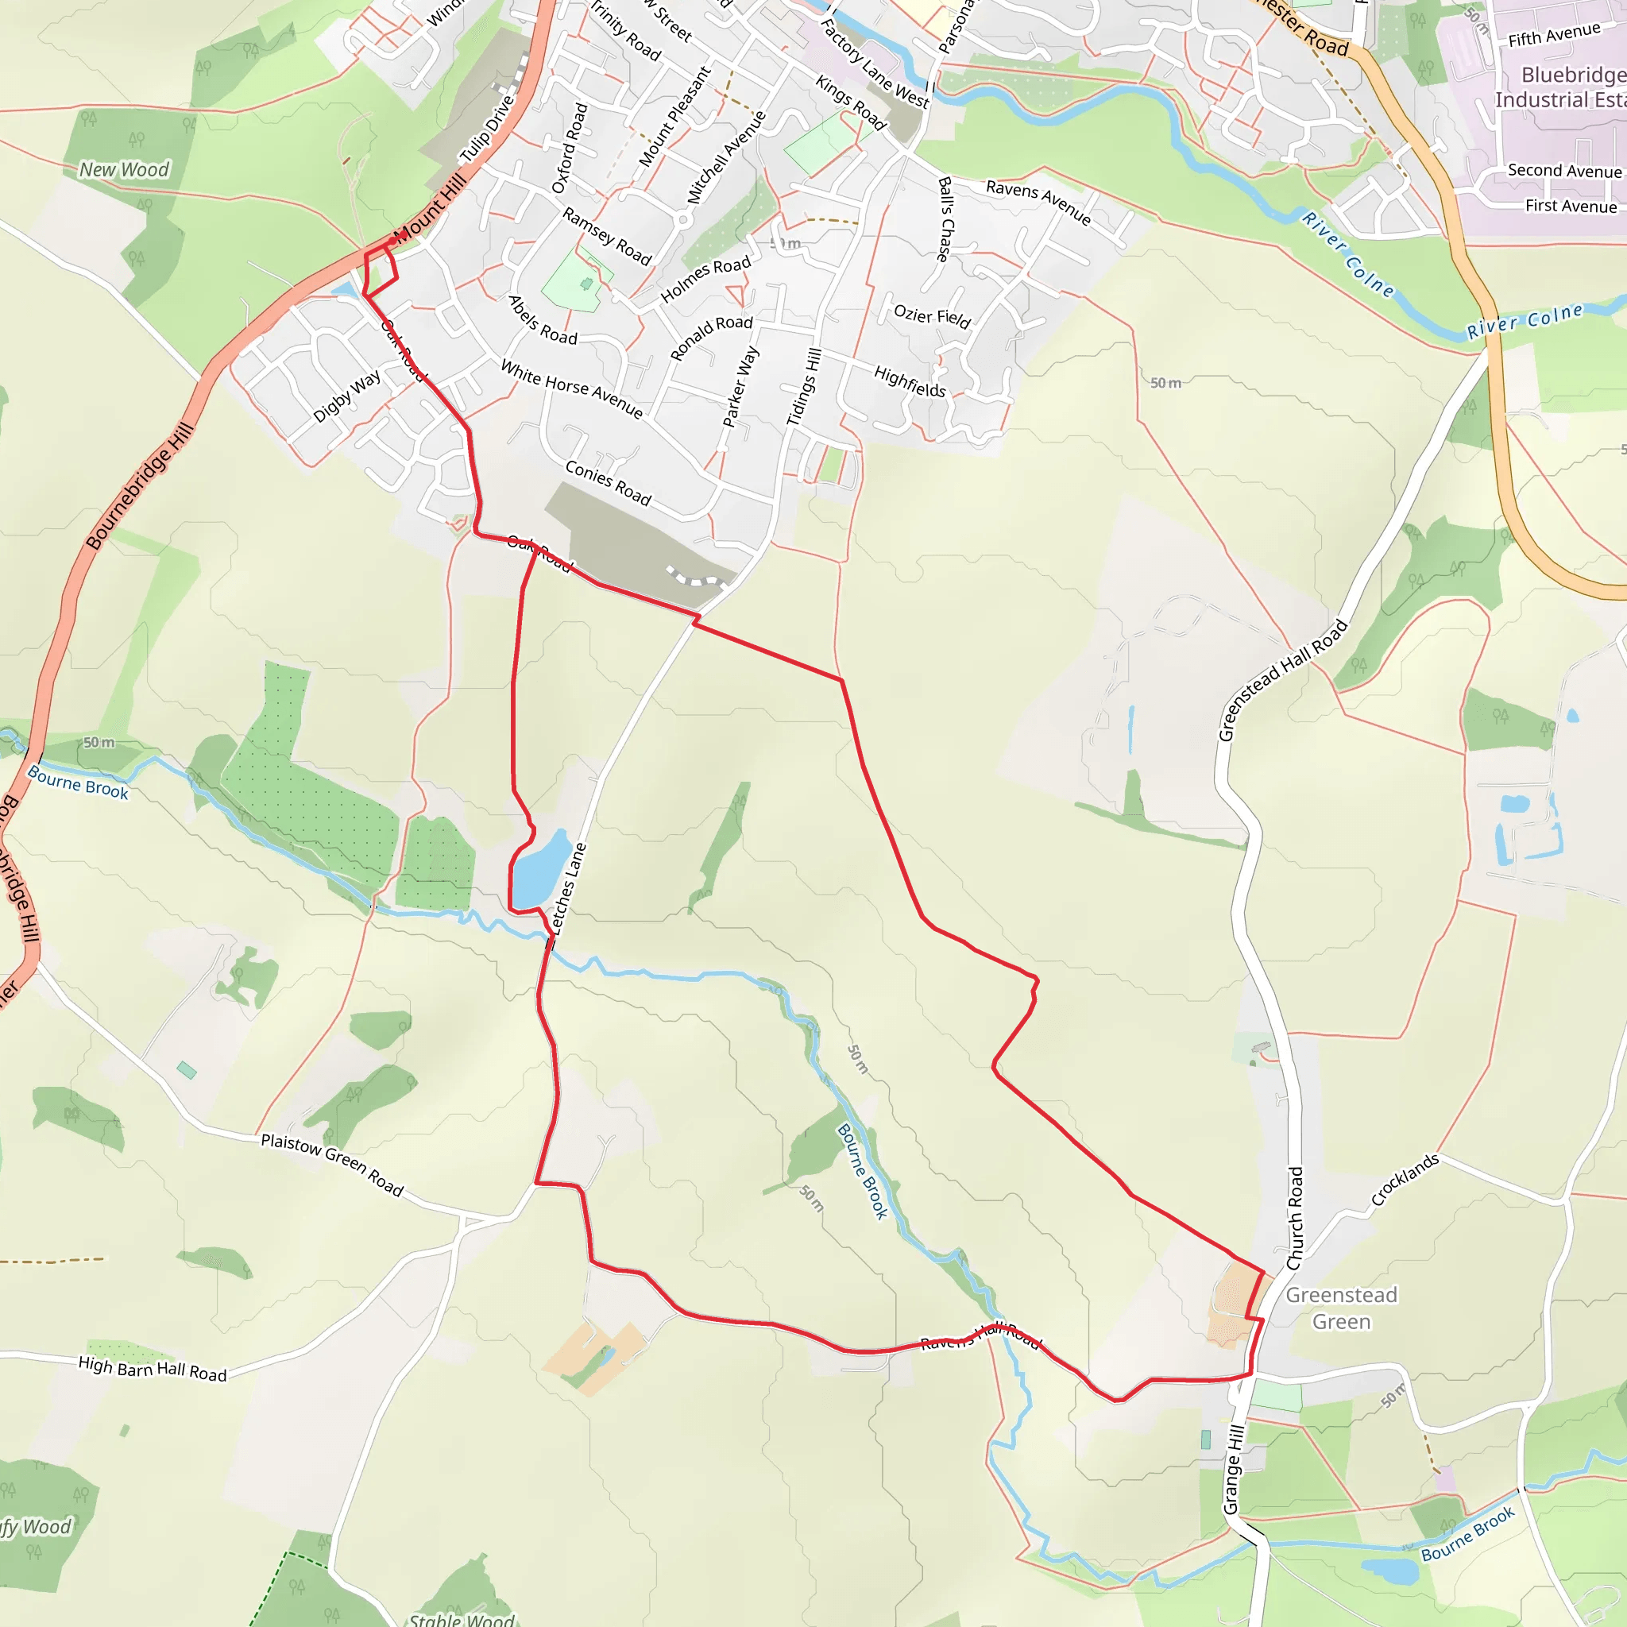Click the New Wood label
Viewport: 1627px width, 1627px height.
tap(125, 170)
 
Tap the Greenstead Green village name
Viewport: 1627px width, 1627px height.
tap(1341, 1308)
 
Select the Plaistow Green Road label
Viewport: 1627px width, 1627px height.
tap(332, 1165)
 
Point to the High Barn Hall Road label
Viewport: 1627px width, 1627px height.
tap(153, 1369)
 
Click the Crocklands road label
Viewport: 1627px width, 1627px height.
tap(1405, 1180)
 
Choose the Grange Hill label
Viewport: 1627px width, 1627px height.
tap(1234, 1469)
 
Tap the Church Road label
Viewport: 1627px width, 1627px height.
tap(1295, 1218)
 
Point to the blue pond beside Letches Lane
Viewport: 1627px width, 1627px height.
tap(539, 868)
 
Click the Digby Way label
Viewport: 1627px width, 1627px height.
tap(347, 395)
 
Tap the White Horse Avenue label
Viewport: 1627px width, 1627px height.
tap(572, 389)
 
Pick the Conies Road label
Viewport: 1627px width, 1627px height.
tap(608, 483)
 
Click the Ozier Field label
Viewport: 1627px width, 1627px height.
tap(932, 317)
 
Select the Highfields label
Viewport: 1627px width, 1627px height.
tap(910, 381)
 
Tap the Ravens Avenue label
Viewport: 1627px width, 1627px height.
tap(1038, 202)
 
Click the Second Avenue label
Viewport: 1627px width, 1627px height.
tap(1563, 171)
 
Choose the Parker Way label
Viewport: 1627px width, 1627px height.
tap(741, 387)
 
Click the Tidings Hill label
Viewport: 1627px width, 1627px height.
tap(803, 387)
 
